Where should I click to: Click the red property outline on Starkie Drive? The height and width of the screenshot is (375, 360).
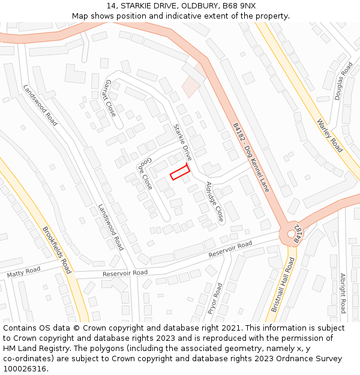click(x=180, y=172)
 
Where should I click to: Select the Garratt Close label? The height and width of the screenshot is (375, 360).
click(x=110, y=98)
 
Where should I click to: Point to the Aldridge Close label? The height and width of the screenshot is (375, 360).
click(x=215, y=202)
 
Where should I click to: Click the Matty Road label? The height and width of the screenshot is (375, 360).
click(x=23, y=273)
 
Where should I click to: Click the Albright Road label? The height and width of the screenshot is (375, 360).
click(x=343, y=293)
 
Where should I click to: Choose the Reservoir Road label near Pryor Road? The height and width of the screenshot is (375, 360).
click(x=230, y=250)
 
